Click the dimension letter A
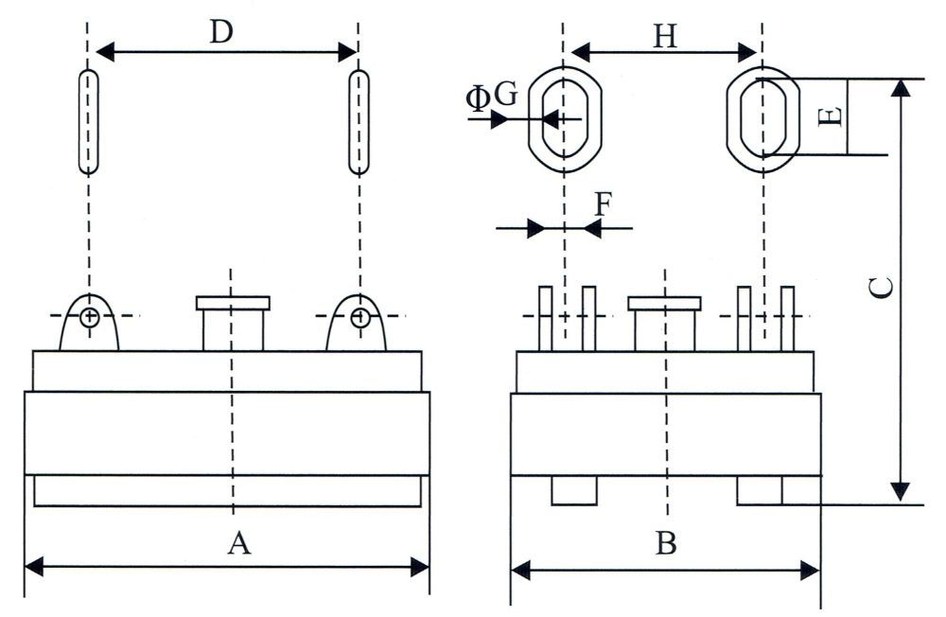(x=240, y=543)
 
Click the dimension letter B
(x=666, y=544)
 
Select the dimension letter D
(x=221, y=33)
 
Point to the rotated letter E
(x=829, y=117)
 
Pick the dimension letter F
(x=603, y=203)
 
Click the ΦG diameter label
(x=492, y=96)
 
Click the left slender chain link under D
(x=88, y=121)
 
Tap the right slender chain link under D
(x=359, y=121)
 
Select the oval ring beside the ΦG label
(x=564, y=118)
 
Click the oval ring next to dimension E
(x=763, y=118)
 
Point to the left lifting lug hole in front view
(x=88, y=317)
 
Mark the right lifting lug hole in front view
(x=359, y=317)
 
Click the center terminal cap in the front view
(x=233, y=304)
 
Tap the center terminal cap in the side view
(x=665, y=304)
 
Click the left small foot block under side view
(x=574, y=491)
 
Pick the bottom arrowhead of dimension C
(x=901, y=492)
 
